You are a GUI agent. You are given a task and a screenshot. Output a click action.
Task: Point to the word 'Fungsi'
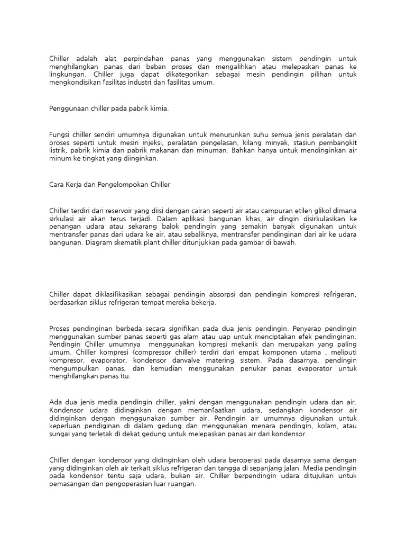pyautogui.click(x=60, y=134)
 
